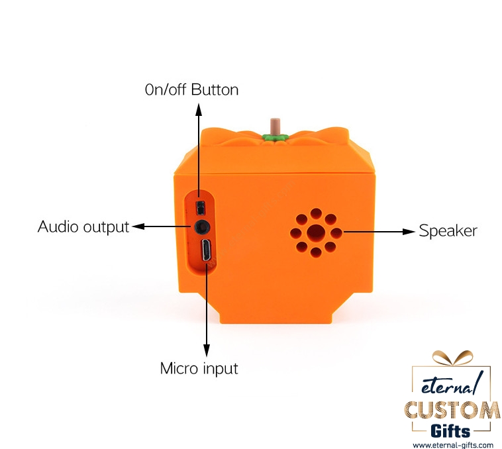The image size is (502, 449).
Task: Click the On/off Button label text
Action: [191, 89]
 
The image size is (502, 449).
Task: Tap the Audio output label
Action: [83, 226]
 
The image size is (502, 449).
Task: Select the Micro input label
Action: [199, 368]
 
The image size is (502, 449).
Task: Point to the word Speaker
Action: [448, 231]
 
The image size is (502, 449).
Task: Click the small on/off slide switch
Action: [199, 207]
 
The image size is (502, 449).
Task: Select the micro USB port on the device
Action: [205, 251]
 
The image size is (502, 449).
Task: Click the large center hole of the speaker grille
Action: [316, 232]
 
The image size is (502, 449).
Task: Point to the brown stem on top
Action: [274, 126]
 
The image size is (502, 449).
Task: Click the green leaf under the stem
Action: [274, 137]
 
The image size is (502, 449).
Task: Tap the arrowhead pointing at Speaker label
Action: [409, 232]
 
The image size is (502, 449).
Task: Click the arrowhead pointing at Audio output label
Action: [138, 227]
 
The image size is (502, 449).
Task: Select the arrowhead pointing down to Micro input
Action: [206, 351]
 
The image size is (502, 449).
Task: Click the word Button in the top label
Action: [215, 89]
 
